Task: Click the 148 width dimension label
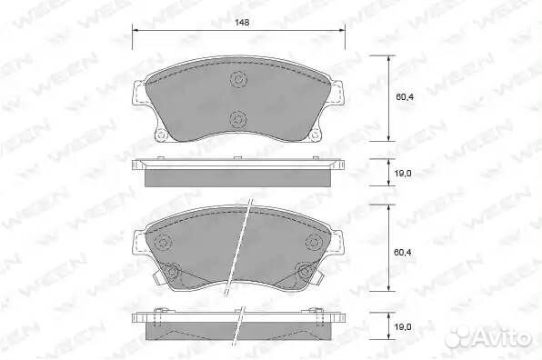coord(242,23)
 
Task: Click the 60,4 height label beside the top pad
coord(405,97)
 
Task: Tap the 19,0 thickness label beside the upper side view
coord(403,173)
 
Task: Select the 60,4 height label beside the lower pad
coord(402,252)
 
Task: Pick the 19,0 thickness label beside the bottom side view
coord(403,326)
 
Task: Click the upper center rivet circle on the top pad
coord(239,79)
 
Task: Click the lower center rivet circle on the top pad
coord(239,119)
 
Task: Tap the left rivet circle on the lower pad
coord(163,241)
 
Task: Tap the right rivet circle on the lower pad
coord(315,241)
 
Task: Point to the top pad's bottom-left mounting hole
coord(161,135)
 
